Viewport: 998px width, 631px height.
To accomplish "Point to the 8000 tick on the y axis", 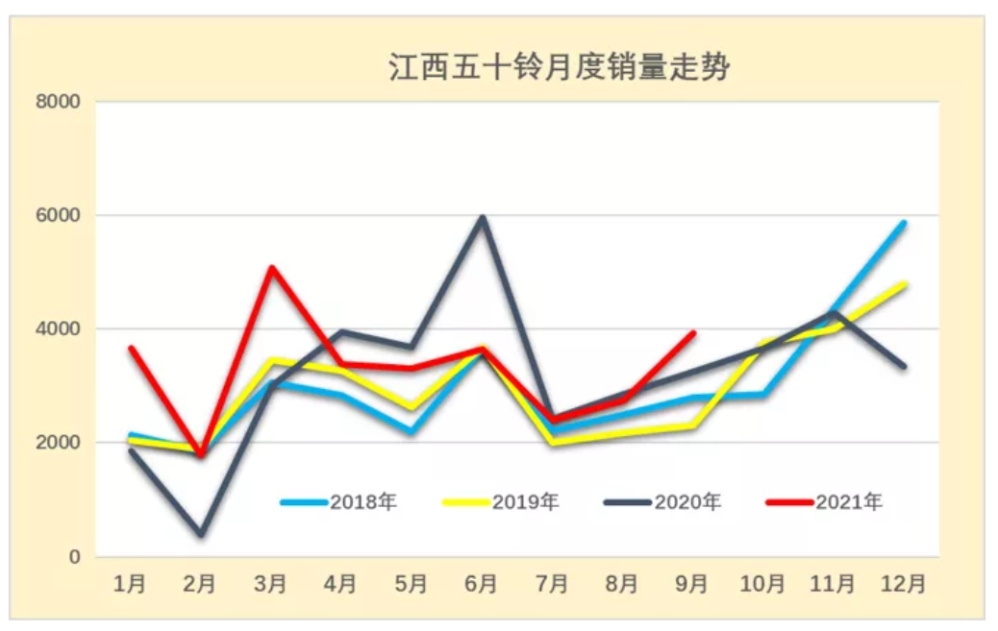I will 59,102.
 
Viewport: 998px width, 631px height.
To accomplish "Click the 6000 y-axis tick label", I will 59,216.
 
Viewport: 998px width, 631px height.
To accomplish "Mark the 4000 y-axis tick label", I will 59,329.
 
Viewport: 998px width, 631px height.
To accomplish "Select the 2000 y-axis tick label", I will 59,443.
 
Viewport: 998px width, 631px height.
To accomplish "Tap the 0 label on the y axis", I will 73,557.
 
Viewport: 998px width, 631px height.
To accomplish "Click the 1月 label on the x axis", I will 130,584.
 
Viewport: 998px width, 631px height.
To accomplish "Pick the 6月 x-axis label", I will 481,584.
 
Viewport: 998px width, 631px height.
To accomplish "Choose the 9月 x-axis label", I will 692,584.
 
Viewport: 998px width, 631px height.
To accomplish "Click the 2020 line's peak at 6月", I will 482,217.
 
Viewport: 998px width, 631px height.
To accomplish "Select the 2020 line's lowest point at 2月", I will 200,533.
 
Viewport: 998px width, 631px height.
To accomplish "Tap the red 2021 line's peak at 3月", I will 271,267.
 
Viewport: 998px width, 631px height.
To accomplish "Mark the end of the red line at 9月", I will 693,333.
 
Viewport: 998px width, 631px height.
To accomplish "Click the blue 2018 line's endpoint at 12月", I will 904,223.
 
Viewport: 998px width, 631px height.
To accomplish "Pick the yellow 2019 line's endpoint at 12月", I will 904,284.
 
